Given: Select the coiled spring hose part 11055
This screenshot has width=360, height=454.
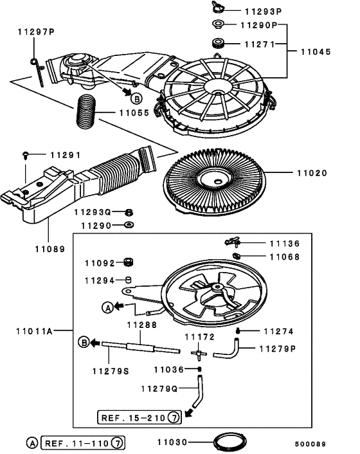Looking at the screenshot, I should click(x=87, y=113).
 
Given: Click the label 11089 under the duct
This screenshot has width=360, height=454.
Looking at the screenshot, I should click(x=50, y=247).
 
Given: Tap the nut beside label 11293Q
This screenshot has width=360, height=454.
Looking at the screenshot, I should click(x=129, y=212).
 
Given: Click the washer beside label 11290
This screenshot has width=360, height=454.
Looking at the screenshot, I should click(x=129, y=226).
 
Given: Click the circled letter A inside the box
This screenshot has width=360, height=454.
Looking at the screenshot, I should click(x=108, y=307).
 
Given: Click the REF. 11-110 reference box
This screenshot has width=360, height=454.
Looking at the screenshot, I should click(x=82, y=443).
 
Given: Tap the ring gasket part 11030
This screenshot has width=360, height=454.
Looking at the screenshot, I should click(x=230, y=442).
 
